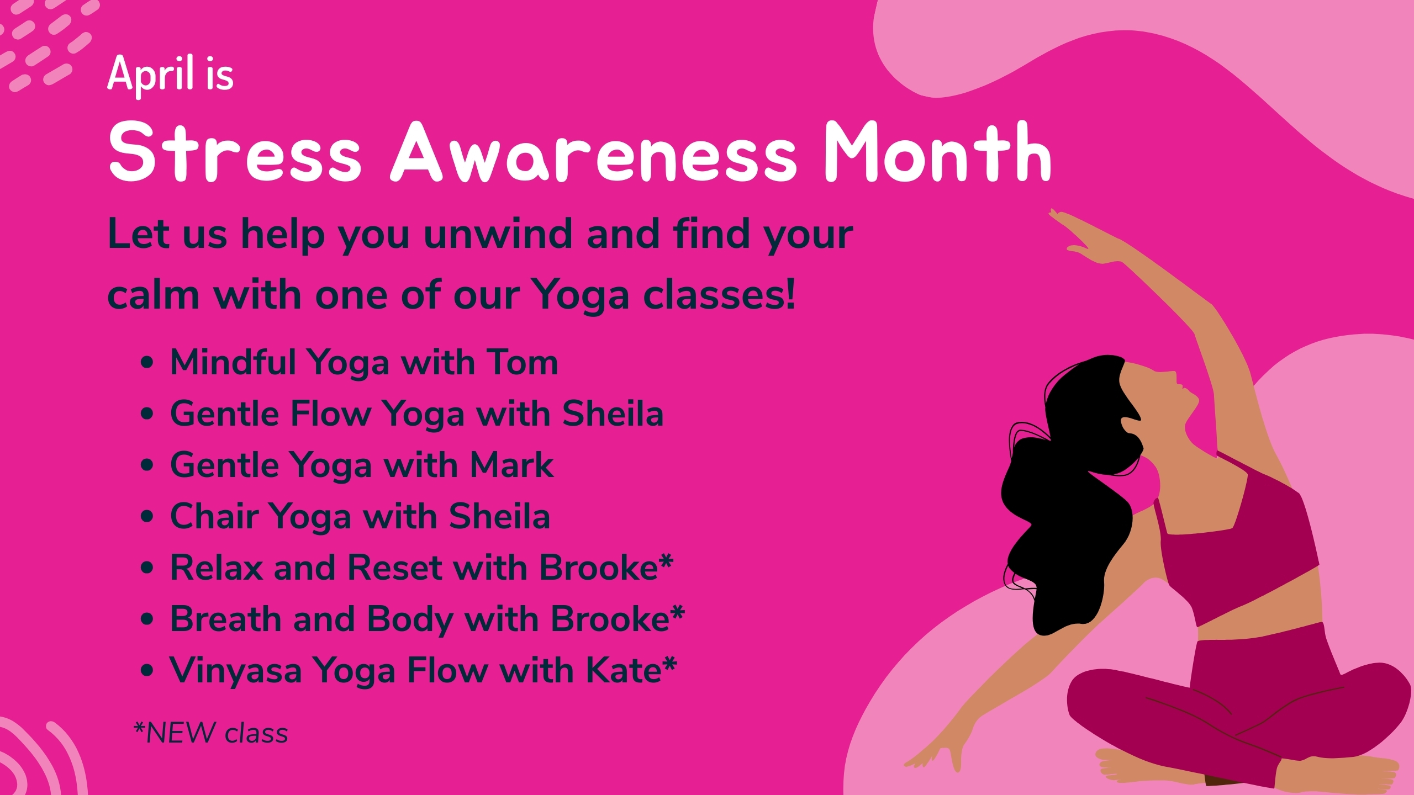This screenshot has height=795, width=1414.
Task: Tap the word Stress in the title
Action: (235, 151)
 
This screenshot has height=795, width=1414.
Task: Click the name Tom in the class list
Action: (522, 363)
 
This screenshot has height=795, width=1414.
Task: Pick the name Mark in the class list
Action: (511, 465)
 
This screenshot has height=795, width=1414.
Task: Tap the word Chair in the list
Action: (214, 517)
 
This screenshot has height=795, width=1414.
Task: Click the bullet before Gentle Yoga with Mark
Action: (147, 465)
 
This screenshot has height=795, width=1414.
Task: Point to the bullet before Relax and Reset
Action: (147, 568)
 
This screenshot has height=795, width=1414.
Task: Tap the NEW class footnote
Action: (211, 733)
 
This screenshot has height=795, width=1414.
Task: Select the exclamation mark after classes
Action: (790, 294)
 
